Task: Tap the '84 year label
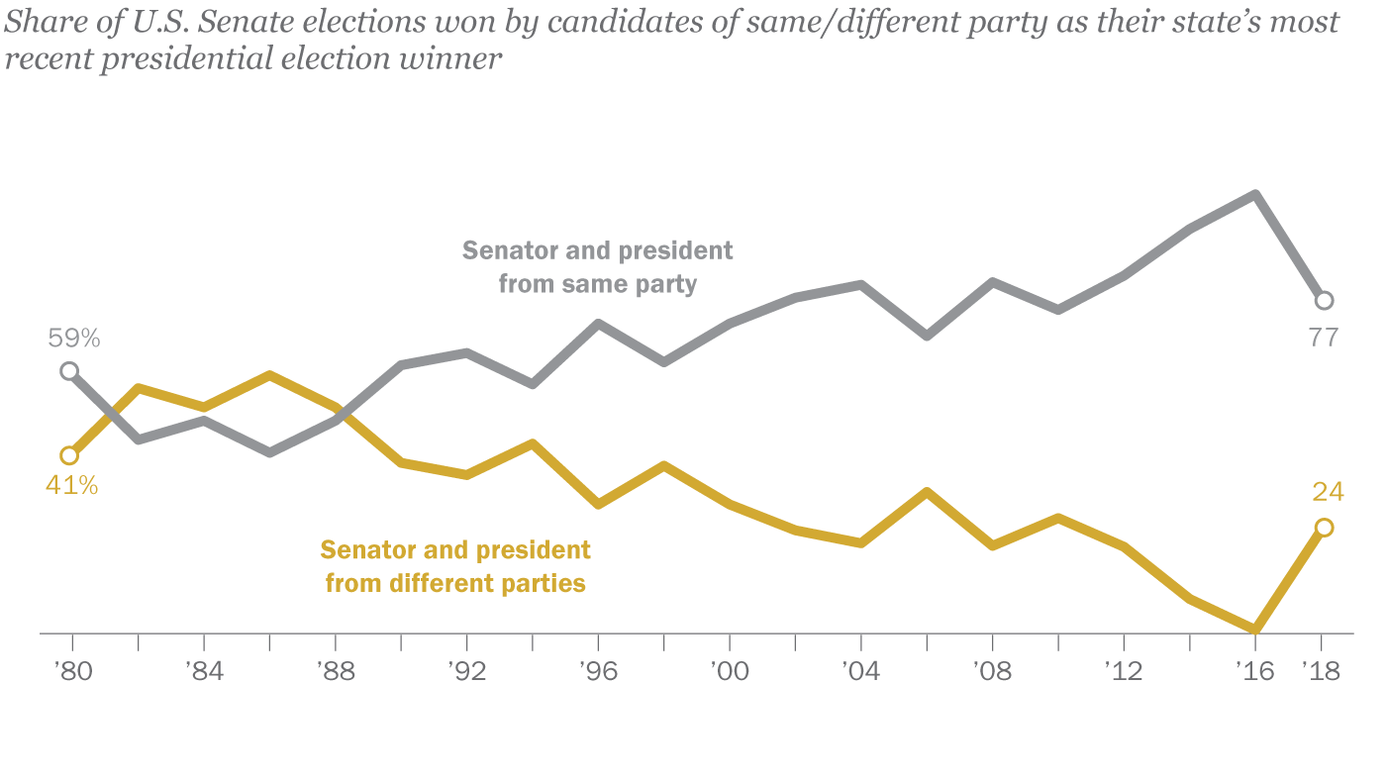click(203, 671)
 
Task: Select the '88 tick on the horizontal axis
click(335, 671)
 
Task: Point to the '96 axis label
click(597, 671)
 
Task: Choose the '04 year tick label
click(860, 671)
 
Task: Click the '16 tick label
click(1254, 671)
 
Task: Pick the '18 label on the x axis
click(1320, 671)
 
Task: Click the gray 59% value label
click(74, 339)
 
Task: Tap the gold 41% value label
click(71, 486)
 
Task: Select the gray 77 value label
click(1323, 338)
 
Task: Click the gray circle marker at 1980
click(68, 371)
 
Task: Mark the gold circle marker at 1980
click(68, 455)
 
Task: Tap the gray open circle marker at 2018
click(1324, 300)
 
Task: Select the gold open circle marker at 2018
click(1324, 528)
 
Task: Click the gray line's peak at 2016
click(1255, 195)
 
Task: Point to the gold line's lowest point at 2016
click(1255, 629)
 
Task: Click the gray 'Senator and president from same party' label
click(598, 267)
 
